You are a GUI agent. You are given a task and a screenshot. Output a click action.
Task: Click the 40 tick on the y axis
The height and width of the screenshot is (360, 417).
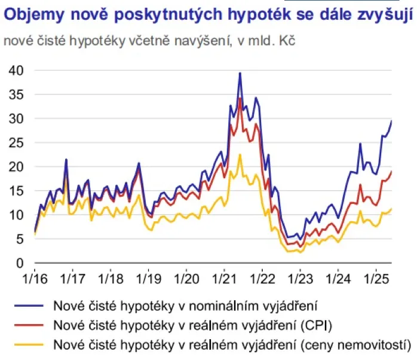[x=16, y=71]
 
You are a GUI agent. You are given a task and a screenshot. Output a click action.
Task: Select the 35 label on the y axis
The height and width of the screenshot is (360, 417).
[x=16, y=94]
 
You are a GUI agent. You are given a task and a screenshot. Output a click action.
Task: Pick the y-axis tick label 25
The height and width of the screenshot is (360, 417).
[x=16, y=143]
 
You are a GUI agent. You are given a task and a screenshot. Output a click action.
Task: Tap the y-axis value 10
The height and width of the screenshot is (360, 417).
[x=16, y=215]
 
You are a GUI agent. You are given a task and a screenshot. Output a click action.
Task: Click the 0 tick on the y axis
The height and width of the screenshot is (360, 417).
[x=20, y=263]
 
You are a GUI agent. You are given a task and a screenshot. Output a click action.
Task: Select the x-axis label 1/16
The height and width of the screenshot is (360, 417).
[x=35, y=279]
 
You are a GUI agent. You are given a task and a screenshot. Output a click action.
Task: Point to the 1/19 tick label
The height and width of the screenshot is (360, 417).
[x=149, y=279]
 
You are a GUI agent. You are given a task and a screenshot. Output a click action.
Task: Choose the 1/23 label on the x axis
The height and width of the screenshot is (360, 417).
[x=301, y=279]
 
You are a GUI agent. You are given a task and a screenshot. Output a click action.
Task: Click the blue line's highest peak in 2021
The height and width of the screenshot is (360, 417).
[x=240, y=73]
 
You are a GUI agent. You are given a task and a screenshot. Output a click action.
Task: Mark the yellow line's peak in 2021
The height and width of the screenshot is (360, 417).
[x=240, y=154]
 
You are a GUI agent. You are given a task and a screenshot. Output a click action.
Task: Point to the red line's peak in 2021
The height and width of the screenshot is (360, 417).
[x=240, y=99]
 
